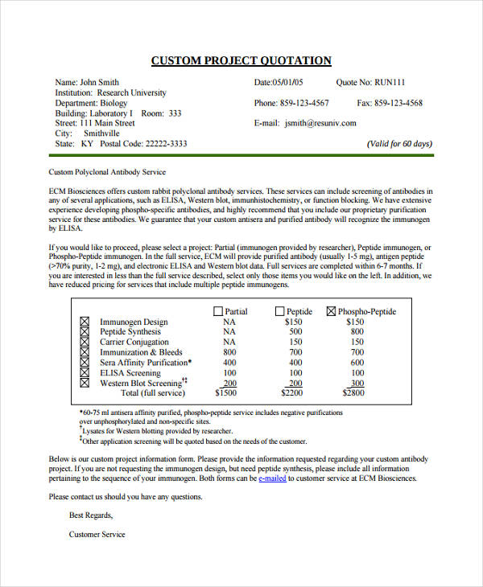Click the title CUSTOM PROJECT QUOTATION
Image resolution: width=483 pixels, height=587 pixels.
click(x=241, y=61)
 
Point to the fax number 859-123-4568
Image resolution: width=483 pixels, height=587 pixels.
click(x=400, y=103)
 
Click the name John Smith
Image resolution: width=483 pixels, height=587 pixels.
click(x=99, y=82)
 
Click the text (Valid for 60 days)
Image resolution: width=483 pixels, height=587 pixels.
click(x=400, y=144)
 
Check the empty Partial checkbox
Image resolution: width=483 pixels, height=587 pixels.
click(x=217, y=311)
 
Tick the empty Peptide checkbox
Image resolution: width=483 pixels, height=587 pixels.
click(x=279, y=311)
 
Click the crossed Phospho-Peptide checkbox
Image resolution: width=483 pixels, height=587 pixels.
click(x=331, y=311)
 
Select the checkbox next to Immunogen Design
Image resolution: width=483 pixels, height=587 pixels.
click(x=85, y=322)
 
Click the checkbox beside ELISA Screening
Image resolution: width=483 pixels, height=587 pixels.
click(x=85, y=373)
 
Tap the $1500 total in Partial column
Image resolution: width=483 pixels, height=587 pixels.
click(x=229, y=393)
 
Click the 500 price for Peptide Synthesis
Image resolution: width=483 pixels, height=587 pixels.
click(x=295, y=331)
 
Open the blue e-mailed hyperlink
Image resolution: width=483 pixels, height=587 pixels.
click(x=273, y=478)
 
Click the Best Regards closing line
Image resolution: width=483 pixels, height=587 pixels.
click(x=91, y=515)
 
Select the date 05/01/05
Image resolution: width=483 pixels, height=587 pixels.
click(x=287, y=82)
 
